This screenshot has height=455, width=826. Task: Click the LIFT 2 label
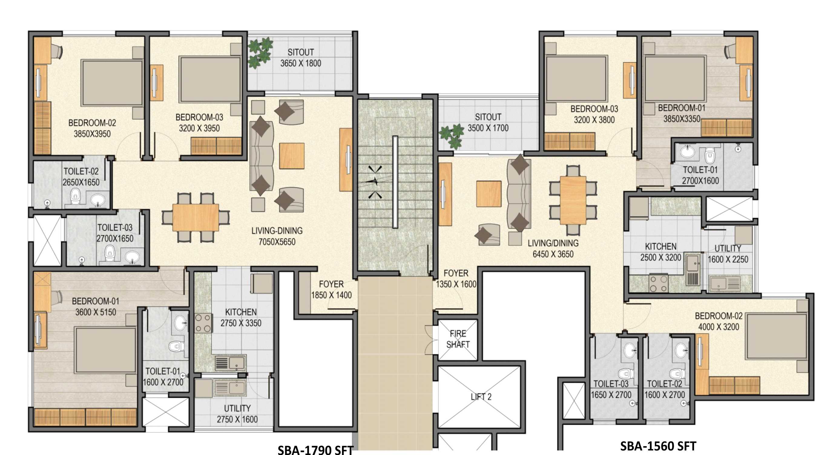pos(481,397)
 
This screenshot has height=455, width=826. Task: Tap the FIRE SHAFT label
pos(458,339)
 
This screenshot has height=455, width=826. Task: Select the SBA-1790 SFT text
pos(315,450)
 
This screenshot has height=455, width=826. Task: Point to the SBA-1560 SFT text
pos(658,446)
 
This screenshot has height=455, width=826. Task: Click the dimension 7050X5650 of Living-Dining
pos(277,242)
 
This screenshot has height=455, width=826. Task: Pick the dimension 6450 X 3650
pos(553,254)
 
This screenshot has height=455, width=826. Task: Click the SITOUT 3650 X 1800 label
pos(301,58)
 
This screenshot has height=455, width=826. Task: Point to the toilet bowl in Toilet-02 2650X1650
pos(75,195)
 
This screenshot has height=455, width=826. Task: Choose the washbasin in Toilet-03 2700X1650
pos(132,257)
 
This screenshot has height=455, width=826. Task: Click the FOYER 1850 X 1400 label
pos(331,289)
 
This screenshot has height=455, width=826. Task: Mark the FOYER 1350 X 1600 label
pos(456,278)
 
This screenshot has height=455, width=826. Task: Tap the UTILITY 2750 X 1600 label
pos(237,414)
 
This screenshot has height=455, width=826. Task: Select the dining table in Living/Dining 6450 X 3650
pos(573,200)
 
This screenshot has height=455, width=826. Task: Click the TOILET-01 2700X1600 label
pos(700,175)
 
